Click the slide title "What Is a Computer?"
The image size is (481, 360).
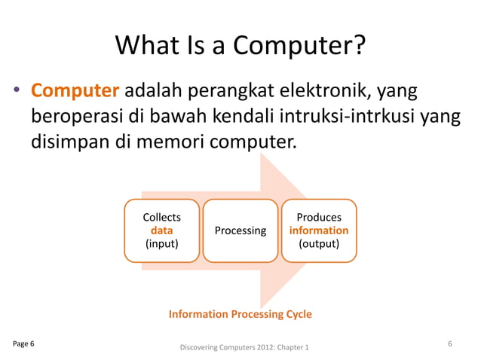click(240, 47)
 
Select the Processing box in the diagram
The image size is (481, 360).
click(240, 230)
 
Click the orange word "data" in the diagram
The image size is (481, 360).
click(162, 230)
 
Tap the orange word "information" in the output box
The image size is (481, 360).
click(319, 230)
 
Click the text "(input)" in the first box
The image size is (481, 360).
click(162, 244)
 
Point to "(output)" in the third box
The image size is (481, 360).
click(319, 244)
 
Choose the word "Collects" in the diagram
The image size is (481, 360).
click(162, 218)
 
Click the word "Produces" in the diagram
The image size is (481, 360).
click(319, 218)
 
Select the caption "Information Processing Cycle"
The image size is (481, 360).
click(240, 313)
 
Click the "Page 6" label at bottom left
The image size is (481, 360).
click(23, 344)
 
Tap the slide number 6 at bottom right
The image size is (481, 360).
click(449, 344)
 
